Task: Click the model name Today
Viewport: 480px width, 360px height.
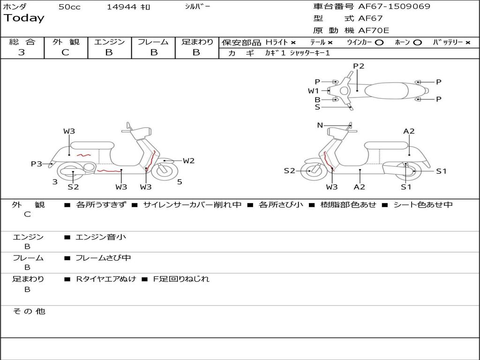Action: click(x=24, y=18)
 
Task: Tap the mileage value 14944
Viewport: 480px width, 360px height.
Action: click(x=121, y=7)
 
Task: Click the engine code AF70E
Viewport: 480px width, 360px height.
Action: click(x=374, y=30)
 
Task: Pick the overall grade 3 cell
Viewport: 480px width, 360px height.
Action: click(x=22, y=52)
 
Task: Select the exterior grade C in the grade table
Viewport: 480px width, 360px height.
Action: click(x=66, y=52)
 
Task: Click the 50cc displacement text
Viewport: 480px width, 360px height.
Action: click(x=69, y=7)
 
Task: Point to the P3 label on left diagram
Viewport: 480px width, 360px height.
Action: click(x=37, y=164)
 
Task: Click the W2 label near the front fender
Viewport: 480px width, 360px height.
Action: click(x=188, y=161)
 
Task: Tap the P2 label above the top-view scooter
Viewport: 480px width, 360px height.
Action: click(x=359, y=66)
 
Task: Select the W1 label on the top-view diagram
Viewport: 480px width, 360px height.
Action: click(x=314, y=90)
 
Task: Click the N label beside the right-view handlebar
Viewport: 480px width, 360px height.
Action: click(x=320, y=125)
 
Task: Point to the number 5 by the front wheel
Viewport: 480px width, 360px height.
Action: click(x=180, y=182)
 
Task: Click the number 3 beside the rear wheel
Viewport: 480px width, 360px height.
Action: click(x=55, y=181)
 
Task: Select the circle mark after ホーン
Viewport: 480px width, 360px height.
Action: click(x=417, y=42)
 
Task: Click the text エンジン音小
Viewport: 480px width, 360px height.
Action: click(x=101, y=237)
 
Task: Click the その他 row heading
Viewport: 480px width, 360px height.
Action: click(x=29, y=311)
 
